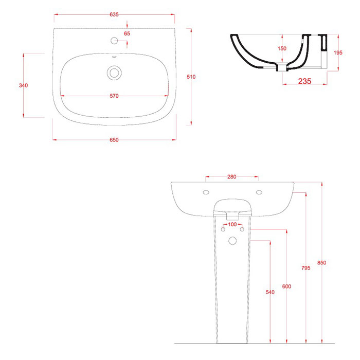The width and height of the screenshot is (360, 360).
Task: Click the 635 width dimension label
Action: click(114, 14)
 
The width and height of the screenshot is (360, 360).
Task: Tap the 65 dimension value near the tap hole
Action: click(127, 33)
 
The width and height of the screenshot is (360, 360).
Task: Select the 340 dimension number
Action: click(24, 85)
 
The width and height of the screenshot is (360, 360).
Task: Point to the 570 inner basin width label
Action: click(114, 96)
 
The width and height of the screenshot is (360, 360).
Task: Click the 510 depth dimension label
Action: click(191, 77)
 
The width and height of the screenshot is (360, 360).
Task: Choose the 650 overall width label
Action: click(114, 140)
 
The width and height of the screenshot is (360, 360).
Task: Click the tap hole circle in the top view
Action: click(114, 41)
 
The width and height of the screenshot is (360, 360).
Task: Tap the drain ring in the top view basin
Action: click(114, 73)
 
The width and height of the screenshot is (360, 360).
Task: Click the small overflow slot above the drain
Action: click(114, 57)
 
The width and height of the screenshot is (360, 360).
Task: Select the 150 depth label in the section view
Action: click(282, 48)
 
